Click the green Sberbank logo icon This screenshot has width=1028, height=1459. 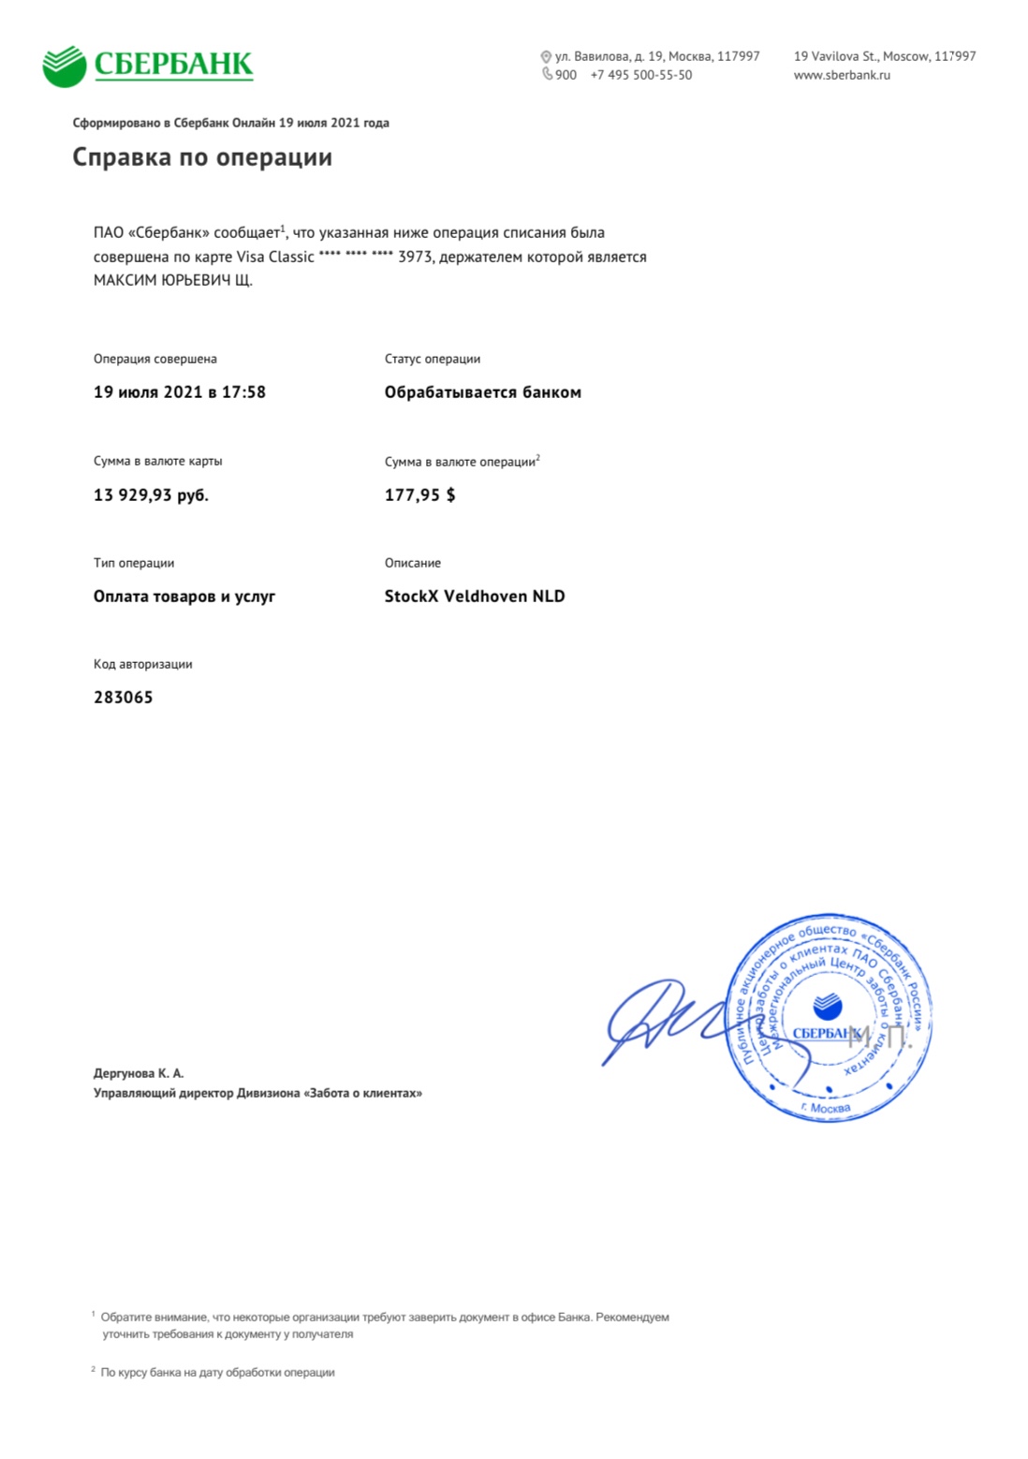coord(64,66)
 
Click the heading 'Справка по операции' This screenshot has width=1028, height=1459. coord(202,157)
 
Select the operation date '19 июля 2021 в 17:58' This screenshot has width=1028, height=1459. coord(180,392)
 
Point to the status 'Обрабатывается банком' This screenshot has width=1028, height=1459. coord(482,392)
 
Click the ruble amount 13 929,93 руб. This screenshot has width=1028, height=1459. coord(151,494)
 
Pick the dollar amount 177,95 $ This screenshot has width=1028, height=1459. coord(419,494)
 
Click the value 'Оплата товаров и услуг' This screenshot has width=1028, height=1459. coord(184,597)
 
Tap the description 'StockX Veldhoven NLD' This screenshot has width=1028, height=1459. coord(475,597)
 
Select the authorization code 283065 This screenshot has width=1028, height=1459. coord(124,698)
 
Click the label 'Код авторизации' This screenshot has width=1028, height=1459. coord(143,664)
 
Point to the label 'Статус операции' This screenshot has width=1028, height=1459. coord(433,359)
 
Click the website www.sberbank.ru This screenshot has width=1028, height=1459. coord(842,75)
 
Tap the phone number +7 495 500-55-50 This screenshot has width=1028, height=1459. coord(641,75)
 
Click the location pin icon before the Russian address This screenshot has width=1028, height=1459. coord(546,57)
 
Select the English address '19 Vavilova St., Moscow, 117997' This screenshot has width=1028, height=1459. coord(885,56)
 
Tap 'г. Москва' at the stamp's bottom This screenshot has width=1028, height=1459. coord(826,1108)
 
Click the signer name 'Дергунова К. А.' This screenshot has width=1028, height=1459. coord(139,1073)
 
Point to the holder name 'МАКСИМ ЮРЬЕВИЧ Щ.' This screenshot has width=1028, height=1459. coord(173,280)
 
